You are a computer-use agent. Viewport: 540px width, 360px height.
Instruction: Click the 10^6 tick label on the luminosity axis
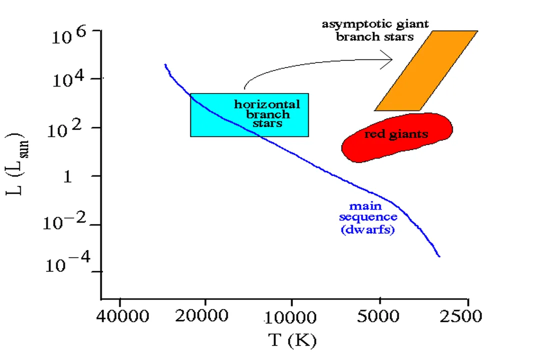[x=69, y=36]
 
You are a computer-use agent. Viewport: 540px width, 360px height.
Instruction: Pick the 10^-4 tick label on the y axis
[x=66, y=263]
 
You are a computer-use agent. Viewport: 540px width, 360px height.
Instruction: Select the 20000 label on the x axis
[x=205, y=316]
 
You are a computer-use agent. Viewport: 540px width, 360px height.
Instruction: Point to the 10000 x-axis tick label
[x=291, y=316]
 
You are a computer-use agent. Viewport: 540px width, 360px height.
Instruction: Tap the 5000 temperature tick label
[x=380, y=316]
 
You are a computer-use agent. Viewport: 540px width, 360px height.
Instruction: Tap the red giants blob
[x=397, y=137]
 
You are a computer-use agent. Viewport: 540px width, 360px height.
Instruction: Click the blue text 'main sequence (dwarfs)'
[x=368, y=218]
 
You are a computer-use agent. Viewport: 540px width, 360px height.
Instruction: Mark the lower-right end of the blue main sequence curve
[x=439, y=256]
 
